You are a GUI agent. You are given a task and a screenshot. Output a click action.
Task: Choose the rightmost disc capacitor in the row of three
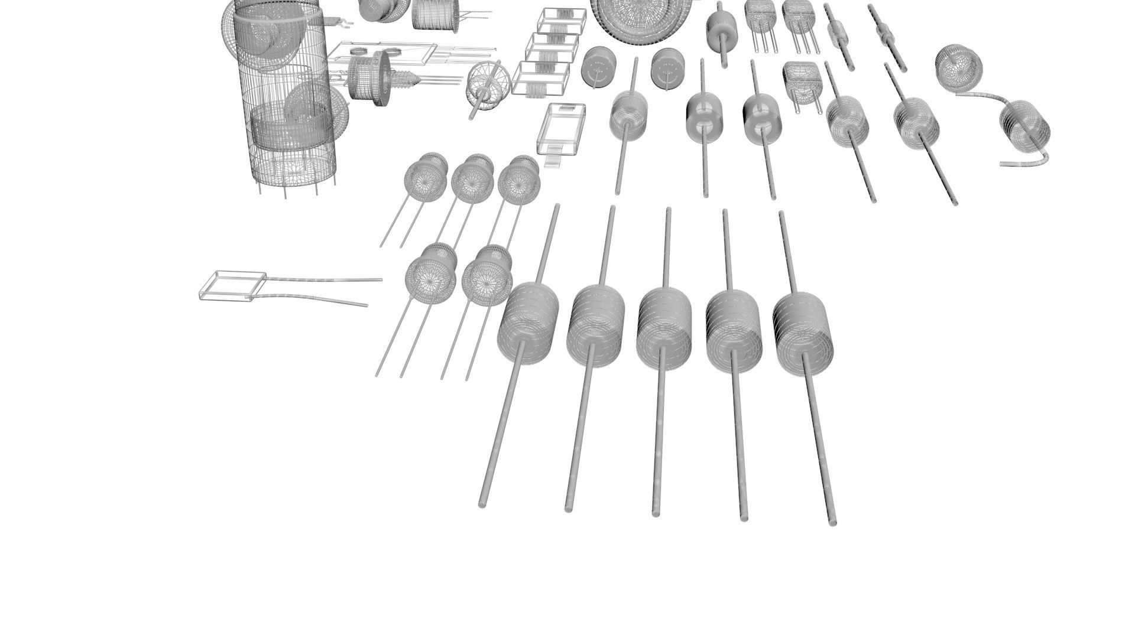519,179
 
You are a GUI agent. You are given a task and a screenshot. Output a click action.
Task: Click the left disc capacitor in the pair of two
430,278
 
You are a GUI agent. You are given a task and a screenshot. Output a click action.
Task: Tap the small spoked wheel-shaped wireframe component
489,87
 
